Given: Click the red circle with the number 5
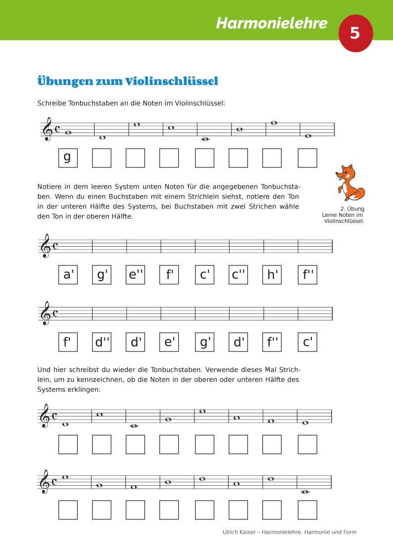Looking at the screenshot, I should pyautogui.click(x=355, y=33).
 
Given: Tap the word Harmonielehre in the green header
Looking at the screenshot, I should pyautogui.click(x=272, y=23).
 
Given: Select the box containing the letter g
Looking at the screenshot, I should pyautogui.click(x=68, y=158).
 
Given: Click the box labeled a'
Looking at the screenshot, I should pyautogui.click(x=68, y=275).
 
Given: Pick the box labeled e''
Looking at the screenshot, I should pyautogui.click(x=135, y=275).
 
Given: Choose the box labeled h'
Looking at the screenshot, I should pyautogui.click(x=272, y=275).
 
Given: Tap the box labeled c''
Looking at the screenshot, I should pyautogui.click(x=238, y=275).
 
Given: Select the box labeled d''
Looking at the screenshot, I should pyautogui.click(x=101, y=342).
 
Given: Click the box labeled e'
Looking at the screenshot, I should pyautogui.click(x=169, y=342).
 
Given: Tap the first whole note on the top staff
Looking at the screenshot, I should pyautogui.click(x=68, y=133).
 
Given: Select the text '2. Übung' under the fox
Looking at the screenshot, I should pyautogui.click(x=352, y=209).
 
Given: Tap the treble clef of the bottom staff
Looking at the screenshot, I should pyautogui.click(x=46, y=482).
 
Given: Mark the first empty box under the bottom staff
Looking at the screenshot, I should pyautogui.click(x=68, y=510).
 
